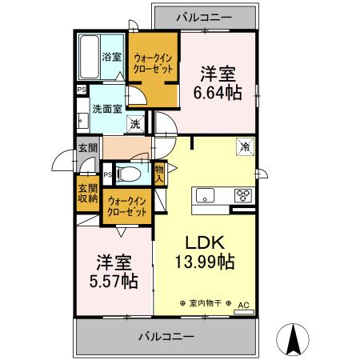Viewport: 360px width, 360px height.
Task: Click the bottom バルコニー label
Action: (165, 337)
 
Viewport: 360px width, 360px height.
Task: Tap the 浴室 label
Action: (112, 56)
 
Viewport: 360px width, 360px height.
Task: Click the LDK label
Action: (203, 241)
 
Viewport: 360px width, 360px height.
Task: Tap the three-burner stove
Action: (243, 195)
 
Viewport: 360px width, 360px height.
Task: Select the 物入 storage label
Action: (159, 174)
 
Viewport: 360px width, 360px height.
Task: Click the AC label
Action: (243, 305)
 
